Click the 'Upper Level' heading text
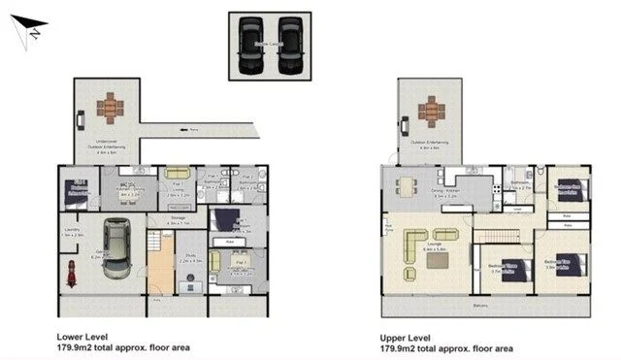[406, 336]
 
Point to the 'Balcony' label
[480, 307]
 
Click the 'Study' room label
[189, 256]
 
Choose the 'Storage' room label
[176, 219]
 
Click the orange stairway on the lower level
[158, 262]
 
